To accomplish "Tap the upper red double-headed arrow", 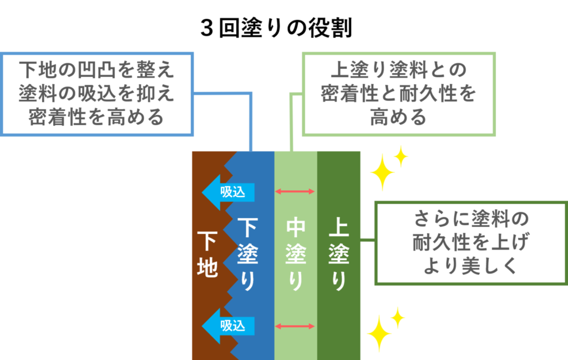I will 296,192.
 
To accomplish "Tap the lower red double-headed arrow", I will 296,326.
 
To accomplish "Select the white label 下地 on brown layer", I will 207,255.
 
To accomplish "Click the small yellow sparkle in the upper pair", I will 400,158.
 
